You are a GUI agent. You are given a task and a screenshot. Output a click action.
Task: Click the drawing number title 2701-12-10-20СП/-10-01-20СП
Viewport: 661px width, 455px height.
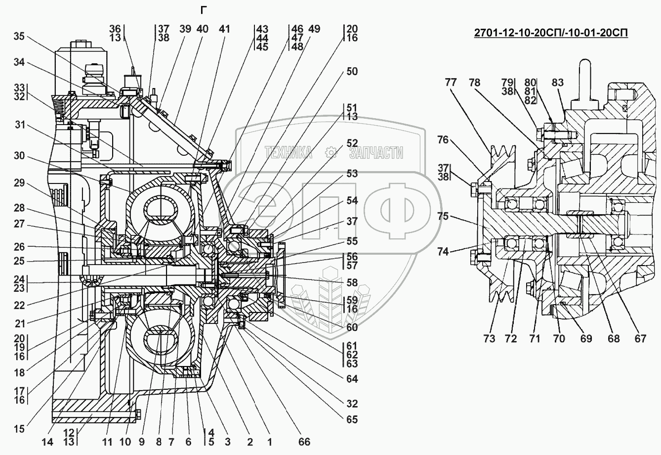[551, 33]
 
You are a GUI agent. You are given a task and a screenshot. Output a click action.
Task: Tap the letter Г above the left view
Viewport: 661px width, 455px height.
[204, 11]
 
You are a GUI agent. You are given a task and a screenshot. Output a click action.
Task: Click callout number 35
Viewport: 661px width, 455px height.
[19, 36]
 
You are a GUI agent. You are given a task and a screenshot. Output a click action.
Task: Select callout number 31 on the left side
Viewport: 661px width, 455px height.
[20, 125]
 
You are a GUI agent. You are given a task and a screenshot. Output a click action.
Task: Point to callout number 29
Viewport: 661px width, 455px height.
[19, 182]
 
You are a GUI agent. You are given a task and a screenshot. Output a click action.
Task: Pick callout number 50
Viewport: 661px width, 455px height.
[352, 71]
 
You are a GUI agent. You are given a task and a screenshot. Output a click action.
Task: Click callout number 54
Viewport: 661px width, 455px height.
[352, 201]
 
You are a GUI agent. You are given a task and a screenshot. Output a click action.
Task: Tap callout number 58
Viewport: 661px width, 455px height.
[352, 282]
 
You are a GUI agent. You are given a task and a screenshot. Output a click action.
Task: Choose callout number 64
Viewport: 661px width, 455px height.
[352, 378]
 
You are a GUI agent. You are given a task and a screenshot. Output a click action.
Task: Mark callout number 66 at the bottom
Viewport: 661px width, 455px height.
[304, 442]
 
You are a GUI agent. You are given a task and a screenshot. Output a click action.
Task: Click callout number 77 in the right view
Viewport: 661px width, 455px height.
[451, 82]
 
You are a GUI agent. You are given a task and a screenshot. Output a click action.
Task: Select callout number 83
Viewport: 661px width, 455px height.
[557, 82]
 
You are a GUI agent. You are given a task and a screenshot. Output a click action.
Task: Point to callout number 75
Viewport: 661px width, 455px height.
[443, 216]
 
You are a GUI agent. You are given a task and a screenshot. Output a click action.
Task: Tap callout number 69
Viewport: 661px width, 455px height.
[586, 338]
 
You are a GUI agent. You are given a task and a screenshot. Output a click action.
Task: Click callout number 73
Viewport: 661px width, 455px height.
[489, 338]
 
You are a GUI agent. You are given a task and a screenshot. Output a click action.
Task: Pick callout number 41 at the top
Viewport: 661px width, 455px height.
[224, 29]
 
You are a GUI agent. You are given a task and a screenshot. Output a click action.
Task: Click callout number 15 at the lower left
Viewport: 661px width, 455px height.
[19, 429]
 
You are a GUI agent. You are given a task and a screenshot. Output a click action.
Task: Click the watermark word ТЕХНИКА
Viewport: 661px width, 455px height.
[289, 152]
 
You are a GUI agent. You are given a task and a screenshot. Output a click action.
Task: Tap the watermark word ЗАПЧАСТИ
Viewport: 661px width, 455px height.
[376, 152]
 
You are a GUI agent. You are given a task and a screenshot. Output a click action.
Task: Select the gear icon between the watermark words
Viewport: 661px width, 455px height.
[331, 152]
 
